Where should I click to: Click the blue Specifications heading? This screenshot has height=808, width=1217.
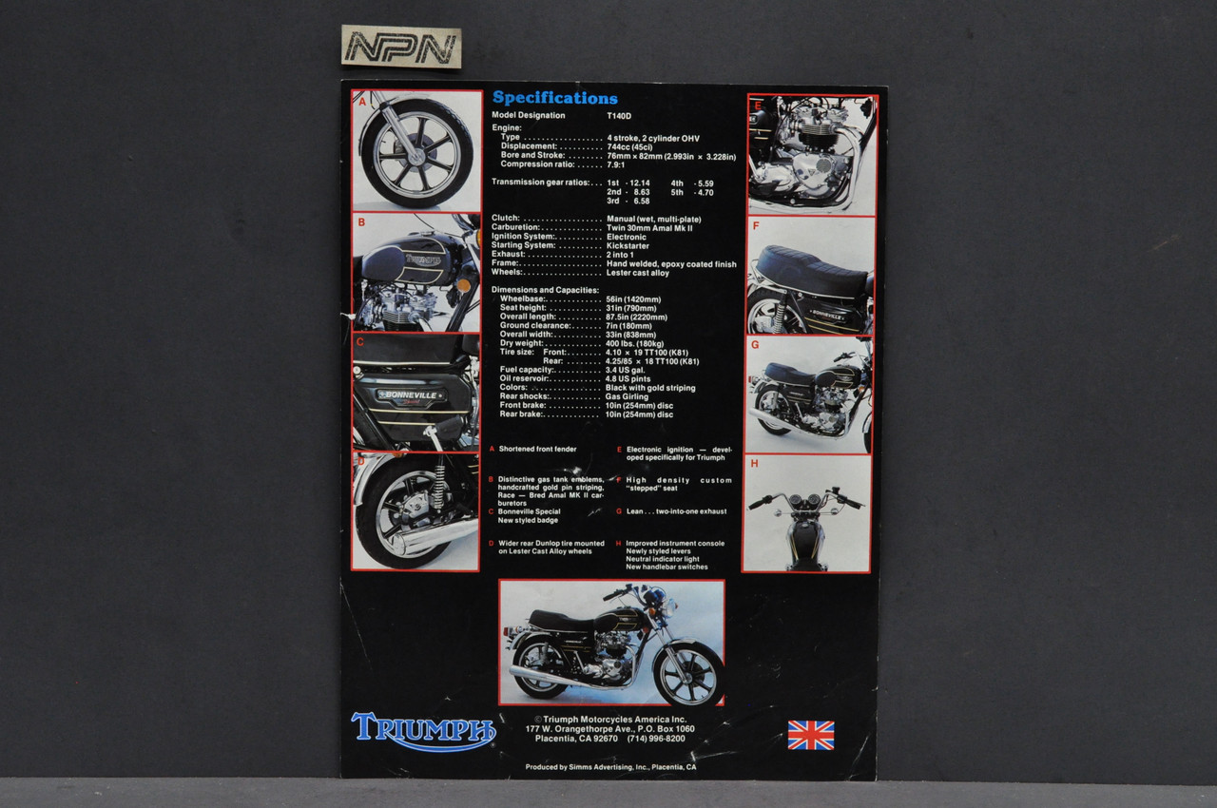[x=554, y=98]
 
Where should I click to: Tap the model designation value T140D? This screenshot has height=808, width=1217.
[x=620, y=116]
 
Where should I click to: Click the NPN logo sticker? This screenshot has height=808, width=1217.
[x=400, y=48]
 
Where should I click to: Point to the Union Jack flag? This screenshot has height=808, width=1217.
[x=811, y=735]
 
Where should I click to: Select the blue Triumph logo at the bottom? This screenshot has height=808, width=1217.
[x=423, y=730]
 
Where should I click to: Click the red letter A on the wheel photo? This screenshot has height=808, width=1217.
[x=362, y=99]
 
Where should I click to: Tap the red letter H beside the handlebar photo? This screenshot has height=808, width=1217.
[x=754, y=464]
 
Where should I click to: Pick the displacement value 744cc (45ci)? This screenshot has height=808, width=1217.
[x=629, y=146]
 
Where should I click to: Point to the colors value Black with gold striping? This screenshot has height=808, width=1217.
[x=649, y=388]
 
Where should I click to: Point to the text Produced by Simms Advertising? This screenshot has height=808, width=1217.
[x=610, y=767]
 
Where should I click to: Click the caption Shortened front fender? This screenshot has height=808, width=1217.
[x=537, y=449]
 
